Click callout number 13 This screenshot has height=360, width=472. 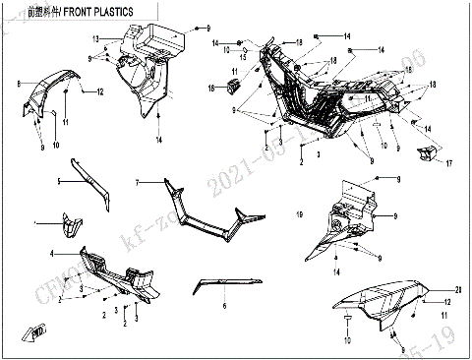tap(96, 39)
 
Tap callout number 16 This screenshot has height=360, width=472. tap(210, 90)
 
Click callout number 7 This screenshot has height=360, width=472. tap(139, 182)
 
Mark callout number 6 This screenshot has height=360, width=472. tap(224, 307)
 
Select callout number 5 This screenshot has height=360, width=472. tap(59, 182)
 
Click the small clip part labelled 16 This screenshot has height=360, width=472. tap(233, 89)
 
